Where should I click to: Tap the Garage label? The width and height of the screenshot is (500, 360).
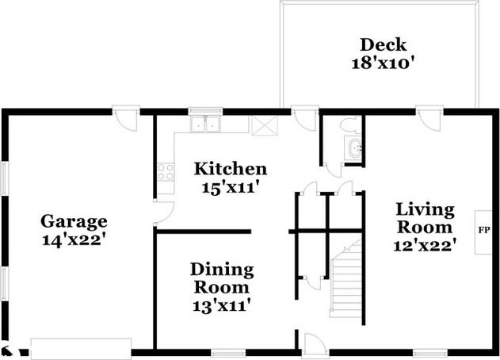(74, 221)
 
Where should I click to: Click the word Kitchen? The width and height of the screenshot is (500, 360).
(231, 169)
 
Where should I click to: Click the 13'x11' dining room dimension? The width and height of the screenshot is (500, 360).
(221, 304)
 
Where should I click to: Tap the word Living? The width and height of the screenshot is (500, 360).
(425, 210)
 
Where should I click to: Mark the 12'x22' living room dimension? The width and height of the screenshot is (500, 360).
(425, 245)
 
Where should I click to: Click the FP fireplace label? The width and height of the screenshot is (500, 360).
(483, 231)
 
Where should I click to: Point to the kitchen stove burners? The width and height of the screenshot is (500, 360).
(166, 171)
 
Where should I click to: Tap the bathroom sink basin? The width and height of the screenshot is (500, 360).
(353, 147)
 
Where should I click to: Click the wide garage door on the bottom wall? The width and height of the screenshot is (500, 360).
(82, 348)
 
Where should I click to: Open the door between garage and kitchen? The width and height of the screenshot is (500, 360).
(162, 212)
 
